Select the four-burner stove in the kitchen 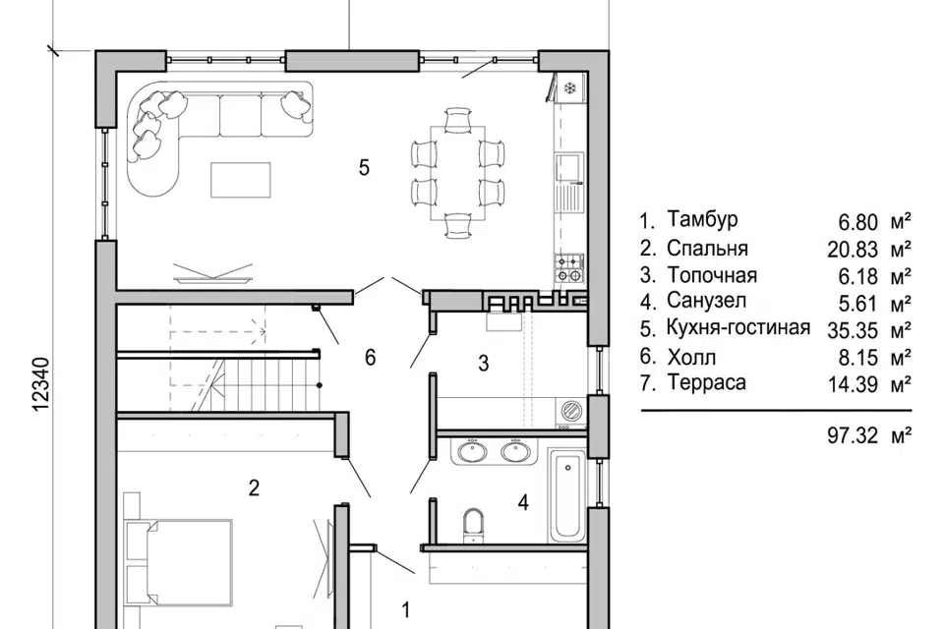pyautogui.click(x=569, y=268)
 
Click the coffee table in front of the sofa pyautogui.click(x=241, y=180)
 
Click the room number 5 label pyautogui.click(x=364, y=167)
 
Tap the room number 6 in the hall pyautogui.click(x=371, y=358)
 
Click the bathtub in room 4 pyautogui.click(x=567, y=495)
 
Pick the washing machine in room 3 pyautogui.click(x=569, y=411)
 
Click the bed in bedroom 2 pyautogui.click(x=178, y=562)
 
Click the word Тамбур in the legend pyautogui.click(x=702, y=219)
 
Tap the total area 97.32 pyautogui.click(x=853, y=435)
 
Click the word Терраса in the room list pyautogui.click(x=706, y=383)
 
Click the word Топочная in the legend pyautogui.click(x=712, y=275)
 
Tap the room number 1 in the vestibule pyautogui.click(x=406, y=610)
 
